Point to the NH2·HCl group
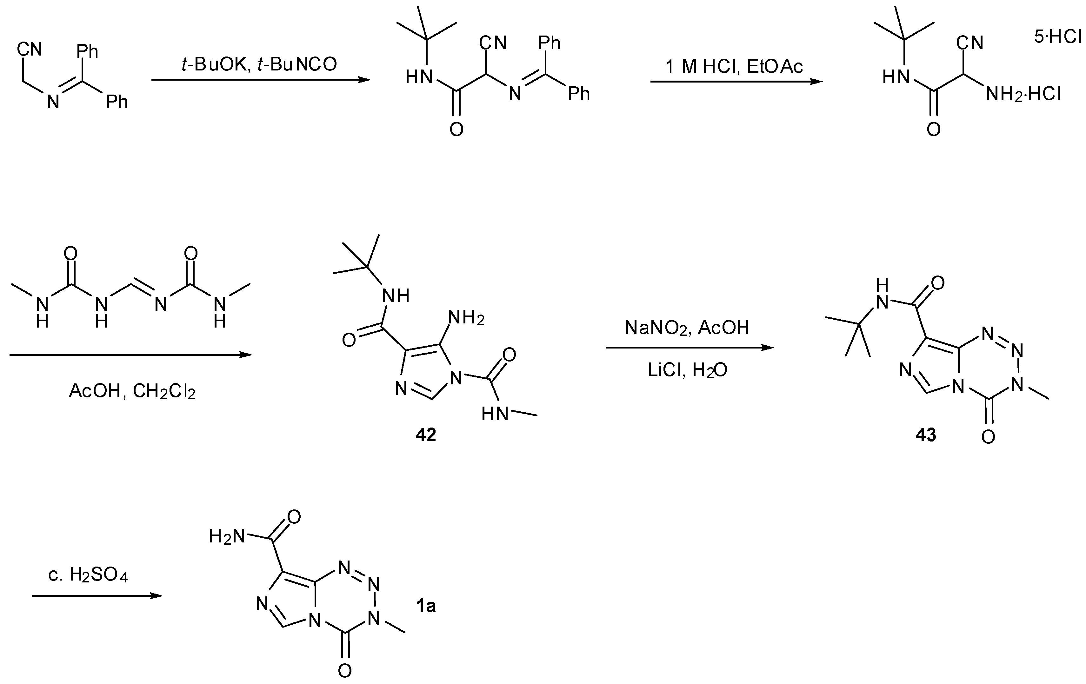point(1023,94)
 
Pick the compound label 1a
point(425,607)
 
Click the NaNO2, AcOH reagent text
point(687,328)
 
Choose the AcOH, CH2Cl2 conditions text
point(132,391)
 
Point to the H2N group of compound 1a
point(227,536)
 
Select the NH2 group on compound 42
point(466,318)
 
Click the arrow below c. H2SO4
point(97,596)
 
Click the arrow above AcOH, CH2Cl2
point(130,355)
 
